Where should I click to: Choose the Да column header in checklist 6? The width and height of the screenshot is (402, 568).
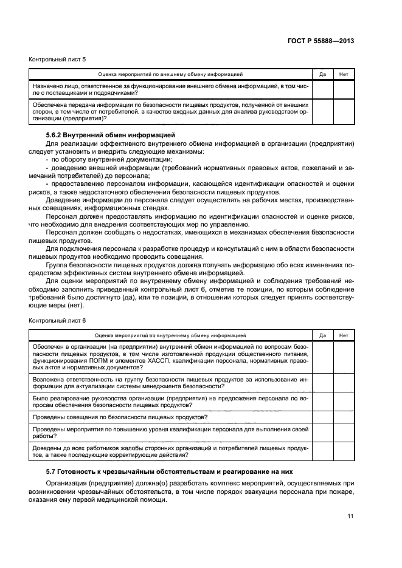[322, 335]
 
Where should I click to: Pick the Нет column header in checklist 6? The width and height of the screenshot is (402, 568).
[344, 335]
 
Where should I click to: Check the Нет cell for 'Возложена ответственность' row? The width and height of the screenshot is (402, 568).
[344, 382]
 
